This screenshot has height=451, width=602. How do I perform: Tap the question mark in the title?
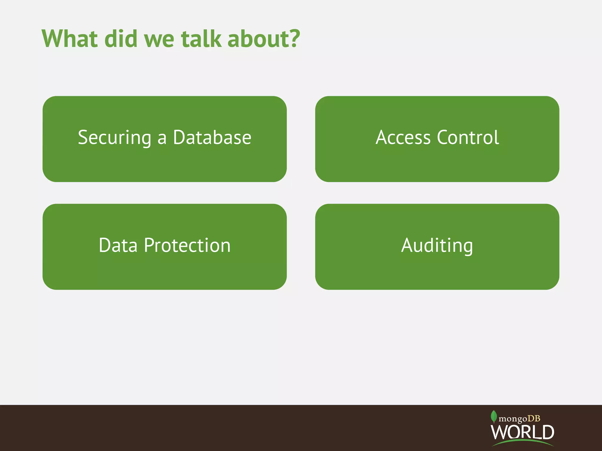pyautogui.click(x=294, y=38)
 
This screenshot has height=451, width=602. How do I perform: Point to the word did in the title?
pyautogui.click(x=121, y=38)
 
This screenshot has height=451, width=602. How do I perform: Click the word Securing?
pyautogui.click(x=115, y=137)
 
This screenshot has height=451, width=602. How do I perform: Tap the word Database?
pyautogui.click(x=212, y=137)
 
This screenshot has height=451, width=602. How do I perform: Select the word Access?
pyautogui.click(x=403, y=137)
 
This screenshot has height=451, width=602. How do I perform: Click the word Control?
pyautogui.click(x=468, y=137)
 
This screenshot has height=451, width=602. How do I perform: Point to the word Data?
pyautogui.click(x=118, y=245)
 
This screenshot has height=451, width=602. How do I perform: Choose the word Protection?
pyautogui.click(x=187, y=245)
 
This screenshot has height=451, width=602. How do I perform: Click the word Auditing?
pyautogui.click(x=437, y=245)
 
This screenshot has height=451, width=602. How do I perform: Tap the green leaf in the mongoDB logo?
pyautogui.click(x=494, y=416)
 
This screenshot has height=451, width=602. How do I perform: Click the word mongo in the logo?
pyautogui.click(x=513, y=419)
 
